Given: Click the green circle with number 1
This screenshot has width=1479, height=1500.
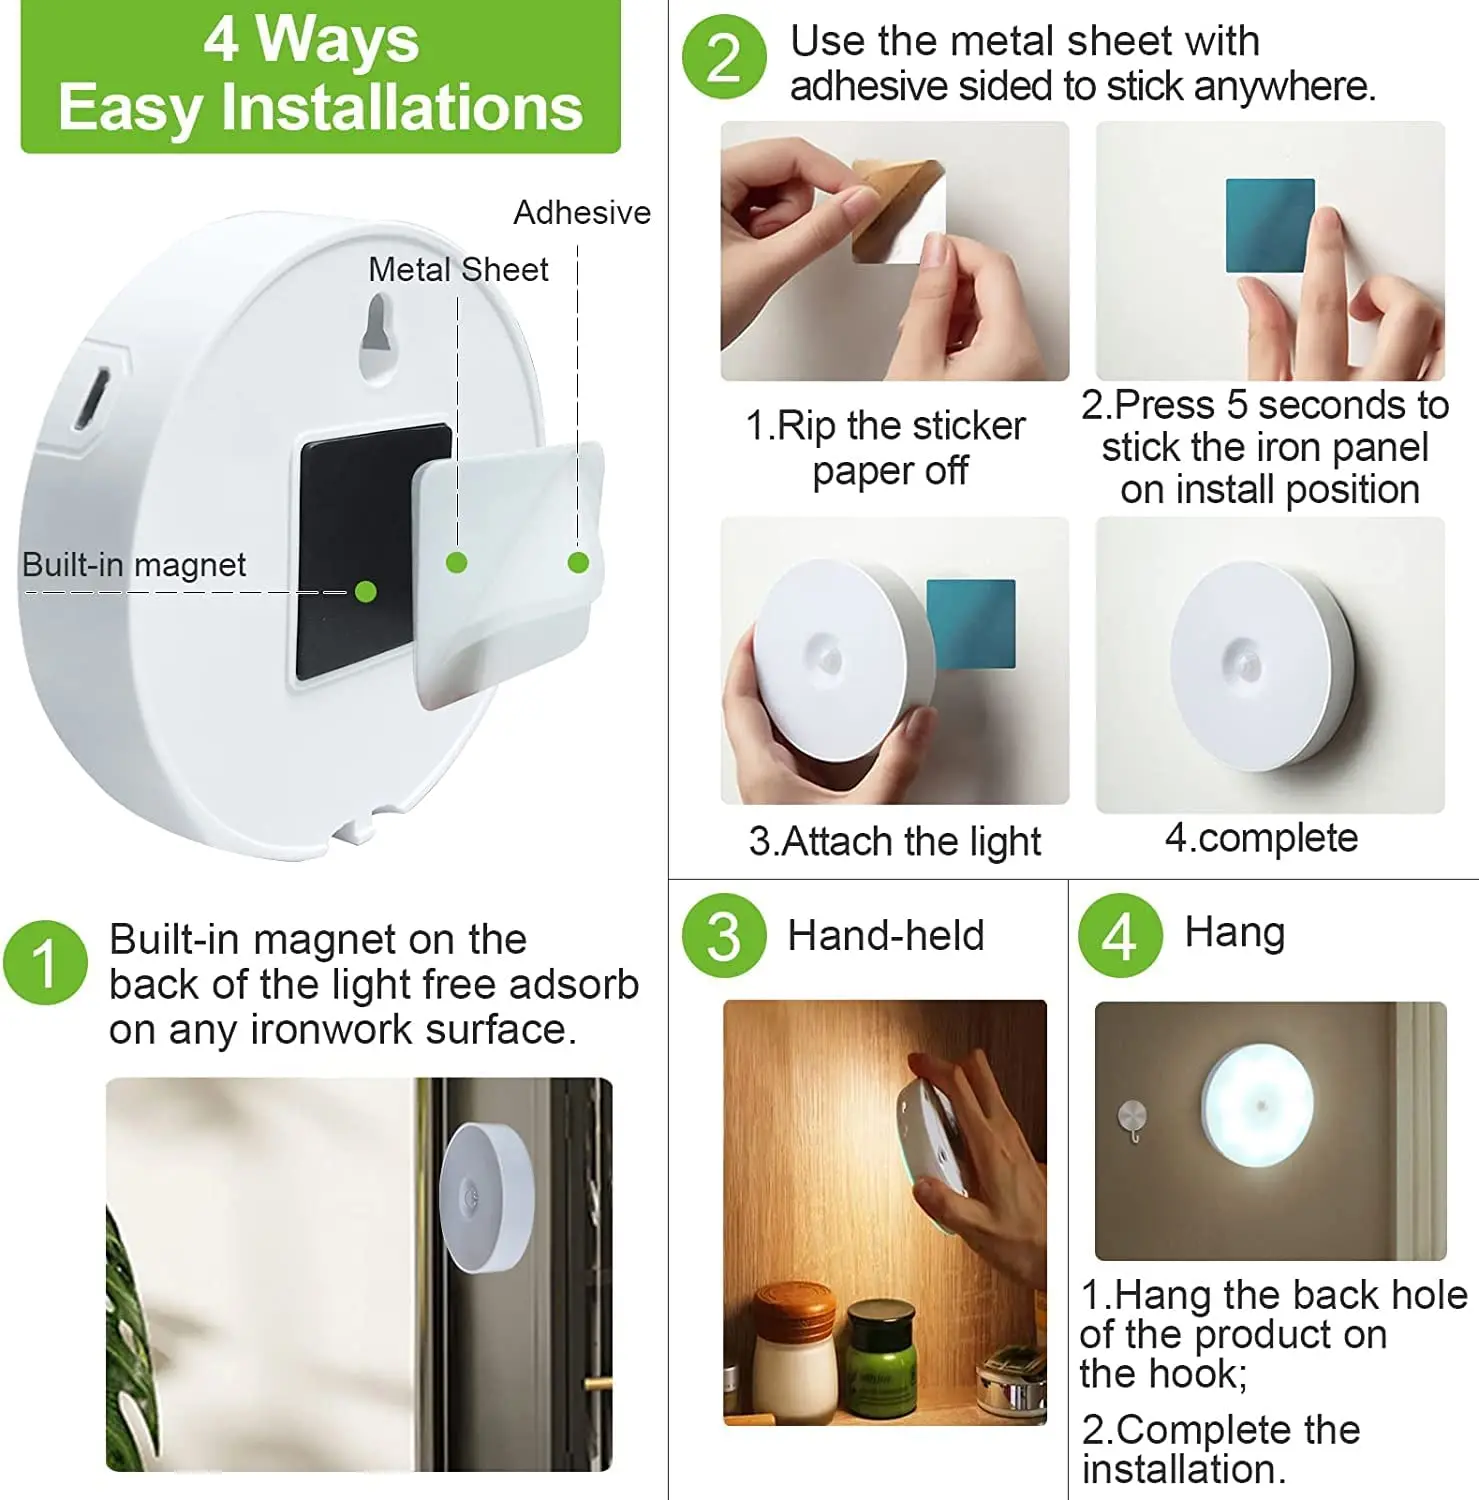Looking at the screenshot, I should point(45,963).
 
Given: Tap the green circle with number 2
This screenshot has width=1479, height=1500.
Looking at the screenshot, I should point(724,58).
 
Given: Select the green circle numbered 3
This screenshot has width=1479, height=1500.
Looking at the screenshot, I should point(724,936).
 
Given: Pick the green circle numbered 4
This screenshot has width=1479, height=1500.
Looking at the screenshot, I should point(1120,936).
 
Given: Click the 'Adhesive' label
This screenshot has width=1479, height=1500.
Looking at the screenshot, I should point(581,213).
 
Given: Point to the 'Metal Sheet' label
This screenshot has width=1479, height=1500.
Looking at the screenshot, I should point(458,270).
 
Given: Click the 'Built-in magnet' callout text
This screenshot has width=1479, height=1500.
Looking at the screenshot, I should point(134,565).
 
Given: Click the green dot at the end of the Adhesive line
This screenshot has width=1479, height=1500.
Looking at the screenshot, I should point(578,563).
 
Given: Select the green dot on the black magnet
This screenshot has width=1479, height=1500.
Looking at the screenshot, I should point(365,592).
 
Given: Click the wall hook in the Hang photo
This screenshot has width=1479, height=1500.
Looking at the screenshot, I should point(1132,1118).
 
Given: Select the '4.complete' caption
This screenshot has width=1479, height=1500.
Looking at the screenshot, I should point(1261,838).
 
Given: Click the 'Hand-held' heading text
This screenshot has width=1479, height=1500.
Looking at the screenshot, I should point(885,936).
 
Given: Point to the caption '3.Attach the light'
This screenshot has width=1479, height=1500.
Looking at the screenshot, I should point(894,842).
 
